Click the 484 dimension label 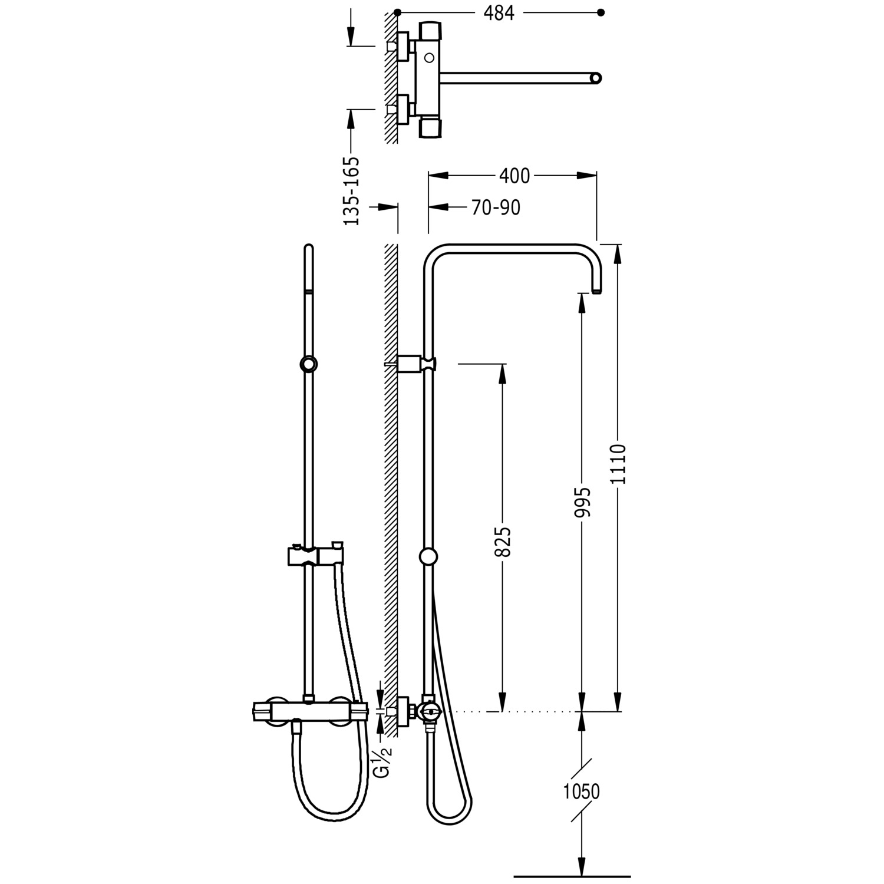tap(499, 13)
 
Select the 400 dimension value tap(514, 176)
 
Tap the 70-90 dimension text tap(496, 207)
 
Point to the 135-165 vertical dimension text tap(351, 191)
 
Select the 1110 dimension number tap(618, 464)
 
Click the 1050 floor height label tap(582, 791)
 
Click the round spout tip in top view tap(596, 78)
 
